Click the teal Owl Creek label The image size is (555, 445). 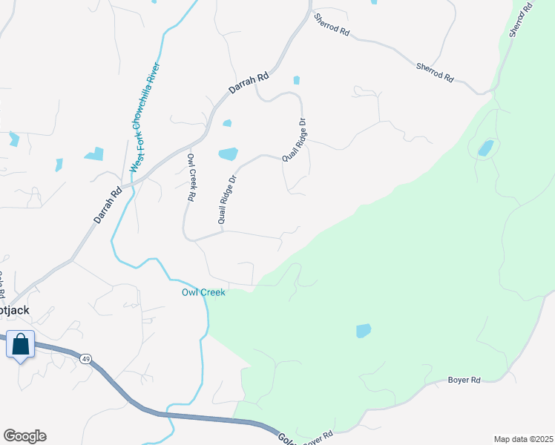[203, 292]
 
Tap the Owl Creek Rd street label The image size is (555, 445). [191, 178]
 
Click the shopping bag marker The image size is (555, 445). [20, 345]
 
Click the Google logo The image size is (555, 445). [24, 436]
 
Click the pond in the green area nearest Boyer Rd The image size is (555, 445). [364, 331]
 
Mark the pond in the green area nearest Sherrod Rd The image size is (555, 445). [485, 148]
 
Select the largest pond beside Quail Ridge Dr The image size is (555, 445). [228, 154]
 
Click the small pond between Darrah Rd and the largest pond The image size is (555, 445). [227, 123]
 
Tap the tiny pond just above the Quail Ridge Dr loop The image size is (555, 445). [297, 80]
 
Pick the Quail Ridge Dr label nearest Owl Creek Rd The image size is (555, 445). [226, 200]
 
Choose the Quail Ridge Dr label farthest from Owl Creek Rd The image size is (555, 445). [293, 140]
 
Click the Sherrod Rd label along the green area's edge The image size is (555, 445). [522, 21]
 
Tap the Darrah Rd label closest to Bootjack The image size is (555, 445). [108, 205]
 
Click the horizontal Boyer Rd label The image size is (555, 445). [464, 380]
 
